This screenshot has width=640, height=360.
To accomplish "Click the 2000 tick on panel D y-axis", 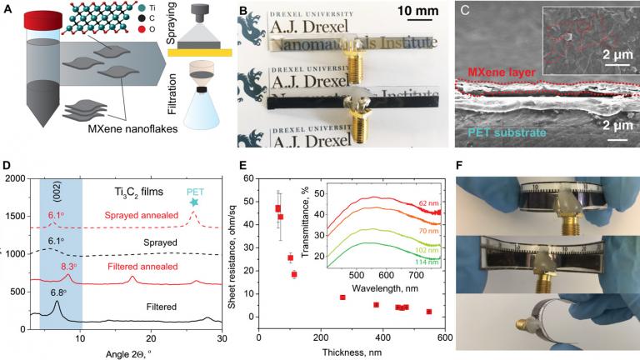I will [x=17, y=178].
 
